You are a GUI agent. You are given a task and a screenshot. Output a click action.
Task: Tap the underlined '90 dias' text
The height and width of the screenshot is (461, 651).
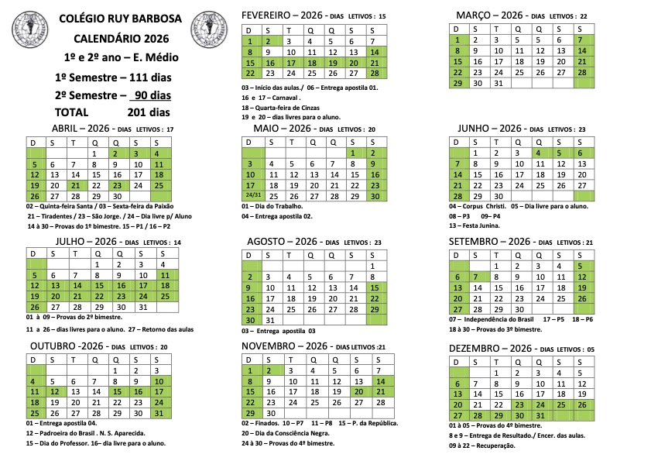click(150, 95)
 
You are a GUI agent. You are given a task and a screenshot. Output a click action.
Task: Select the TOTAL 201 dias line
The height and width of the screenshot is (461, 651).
click(112, 112)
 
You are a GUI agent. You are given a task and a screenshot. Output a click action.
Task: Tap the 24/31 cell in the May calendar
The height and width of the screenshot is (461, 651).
click(250, 197)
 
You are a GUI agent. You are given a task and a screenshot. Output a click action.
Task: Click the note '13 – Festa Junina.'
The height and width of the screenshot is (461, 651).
click(474, 225)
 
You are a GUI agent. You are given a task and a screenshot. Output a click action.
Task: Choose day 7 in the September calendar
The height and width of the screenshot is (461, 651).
click(476, 277)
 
